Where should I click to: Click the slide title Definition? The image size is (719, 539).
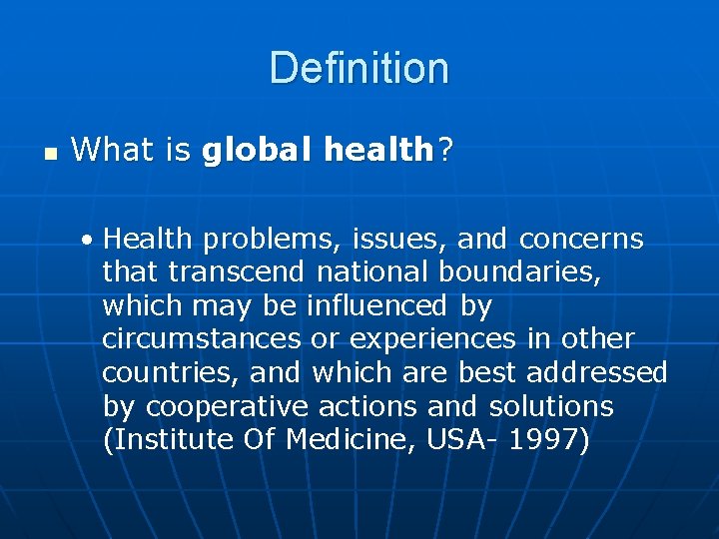[359, 68]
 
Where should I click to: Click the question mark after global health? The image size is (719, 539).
[443, 151]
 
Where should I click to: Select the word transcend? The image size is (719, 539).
[241, 272]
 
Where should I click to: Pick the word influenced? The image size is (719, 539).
[377, 305]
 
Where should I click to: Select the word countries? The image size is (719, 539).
[169, 373]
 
